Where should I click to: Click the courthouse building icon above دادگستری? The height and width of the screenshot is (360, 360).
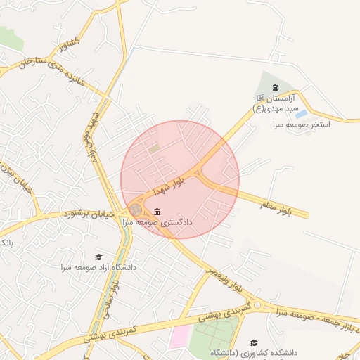coord(156,212)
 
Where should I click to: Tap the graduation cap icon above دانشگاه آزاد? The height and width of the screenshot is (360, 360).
coord(98,257)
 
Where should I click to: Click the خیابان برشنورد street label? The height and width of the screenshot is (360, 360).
coord(93,213)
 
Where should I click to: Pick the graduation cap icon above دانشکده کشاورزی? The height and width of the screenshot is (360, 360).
coord(254,342)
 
